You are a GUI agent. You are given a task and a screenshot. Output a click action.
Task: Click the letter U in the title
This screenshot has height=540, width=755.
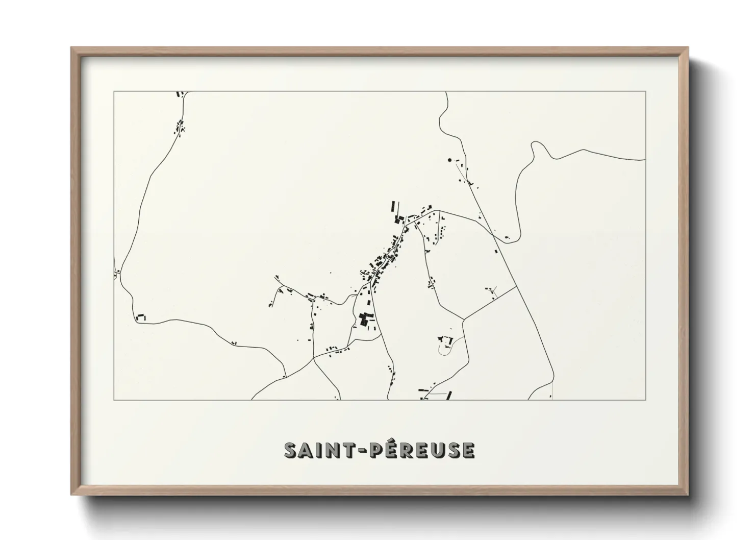point(435,450)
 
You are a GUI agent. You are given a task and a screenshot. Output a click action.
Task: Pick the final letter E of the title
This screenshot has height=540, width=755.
point(468,450)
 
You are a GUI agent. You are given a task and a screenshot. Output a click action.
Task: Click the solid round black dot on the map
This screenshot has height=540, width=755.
point(449,160)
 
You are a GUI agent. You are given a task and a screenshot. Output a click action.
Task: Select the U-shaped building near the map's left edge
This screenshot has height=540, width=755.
point(140,317)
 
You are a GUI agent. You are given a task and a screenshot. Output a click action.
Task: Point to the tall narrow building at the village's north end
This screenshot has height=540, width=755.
point(392,207)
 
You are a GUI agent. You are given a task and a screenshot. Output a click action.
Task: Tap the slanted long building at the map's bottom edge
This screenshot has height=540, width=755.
point(449,396)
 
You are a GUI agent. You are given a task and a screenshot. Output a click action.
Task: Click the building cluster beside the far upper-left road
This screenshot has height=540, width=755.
point(180,126)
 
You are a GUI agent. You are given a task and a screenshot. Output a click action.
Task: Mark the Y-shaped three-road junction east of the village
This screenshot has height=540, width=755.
point(463,320)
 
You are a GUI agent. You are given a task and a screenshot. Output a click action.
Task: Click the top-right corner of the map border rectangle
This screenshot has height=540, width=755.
point(645,92)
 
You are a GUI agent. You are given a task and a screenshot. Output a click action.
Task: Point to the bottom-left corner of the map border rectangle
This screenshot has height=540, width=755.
point(114,400)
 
